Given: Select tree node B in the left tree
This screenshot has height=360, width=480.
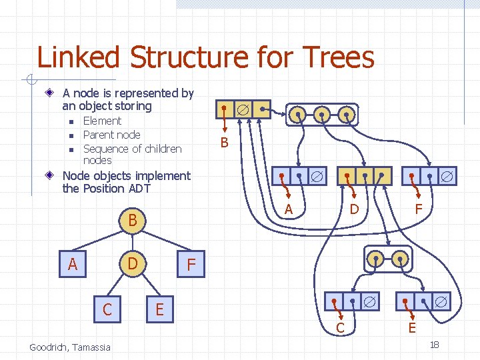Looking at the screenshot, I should coord(133,220).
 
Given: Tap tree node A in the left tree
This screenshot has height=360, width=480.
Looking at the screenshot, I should coord(73,265).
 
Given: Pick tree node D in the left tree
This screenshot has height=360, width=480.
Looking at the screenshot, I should coord(133,265).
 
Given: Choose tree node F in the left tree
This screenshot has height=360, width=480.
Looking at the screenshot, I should coord(191,265).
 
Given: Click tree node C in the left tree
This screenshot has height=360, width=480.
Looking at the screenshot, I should coord(107,309).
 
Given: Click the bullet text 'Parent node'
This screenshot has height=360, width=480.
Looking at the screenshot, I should coord(111,135).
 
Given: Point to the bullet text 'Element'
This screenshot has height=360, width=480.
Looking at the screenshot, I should coord(102,121).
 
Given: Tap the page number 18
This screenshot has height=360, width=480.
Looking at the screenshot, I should coord(434,345).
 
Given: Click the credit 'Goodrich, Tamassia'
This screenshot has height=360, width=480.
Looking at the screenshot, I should coord(70,346).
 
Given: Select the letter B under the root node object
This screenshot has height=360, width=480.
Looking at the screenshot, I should coord(225,142).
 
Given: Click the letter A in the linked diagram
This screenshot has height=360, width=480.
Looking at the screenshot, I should coord(289,209).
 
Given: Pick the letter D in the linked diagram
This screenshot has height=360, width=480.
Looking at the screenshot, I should coord(355,209).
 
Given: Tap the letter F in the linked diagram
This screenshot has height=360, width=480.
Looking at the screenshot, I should coord(419,209).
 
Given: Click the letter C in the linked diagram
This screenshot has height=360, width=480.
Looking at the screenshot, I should coord(340,328).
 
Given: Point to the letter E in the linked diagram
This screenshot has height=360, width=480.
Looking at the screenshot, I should coord(412,328).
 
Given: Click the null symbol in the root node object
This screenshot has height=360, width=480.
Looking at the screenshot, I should coord(243,109).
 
